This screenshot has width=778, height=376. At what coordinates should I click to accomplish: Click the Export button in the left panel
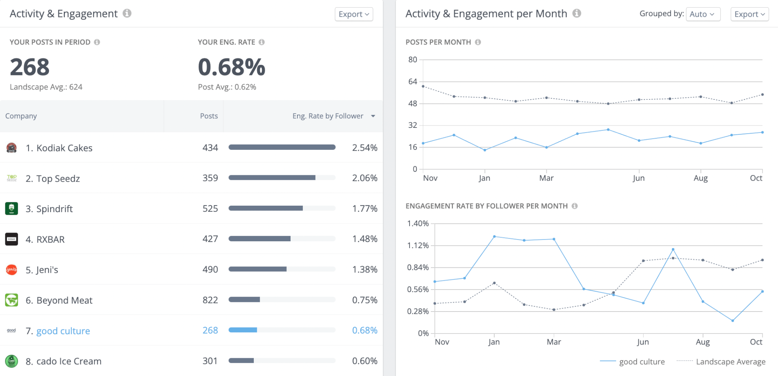(x=354, y=14)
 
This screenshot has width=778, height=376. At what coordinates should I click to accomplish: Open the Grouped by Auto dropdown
(x=702, y=14)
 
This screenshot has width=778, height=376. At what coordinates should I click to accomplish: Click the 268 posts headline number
(x=30, y=67)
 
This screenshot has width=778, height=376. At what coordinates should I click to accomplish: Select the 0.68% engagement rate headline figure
(x=231, y=67)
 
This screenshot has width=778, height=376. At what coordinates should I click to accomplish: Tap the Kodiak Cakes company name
(x=64, y=148)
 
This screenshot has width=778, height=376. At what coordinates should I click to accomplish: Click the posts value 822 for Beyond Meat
(x=210, y=300)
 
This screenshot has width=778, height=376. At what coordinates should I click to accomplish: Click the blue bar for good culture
(x=243, y=330)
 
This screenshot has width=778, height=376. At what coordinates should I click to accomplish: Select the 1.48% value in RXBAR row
(x=364, y=239)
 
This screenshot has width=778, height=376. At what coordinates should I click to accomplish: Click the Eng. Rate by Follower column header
(x=327, y=116)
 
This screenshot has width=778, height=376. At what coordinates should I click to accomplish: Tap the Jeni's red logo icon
(x=12, y=270)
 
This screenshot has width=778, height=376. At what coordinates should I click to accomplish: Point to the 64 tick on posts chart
(x=413, y=82)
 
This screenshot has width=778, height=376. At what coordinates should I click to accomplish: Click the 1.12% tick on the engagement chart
(x=418, y=245)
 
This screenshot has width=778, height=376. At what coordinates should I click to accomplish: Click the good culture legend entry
(x=642, y=362)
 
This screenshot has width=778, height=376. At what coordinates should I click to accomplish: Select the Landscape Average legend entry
(x=730, y=362)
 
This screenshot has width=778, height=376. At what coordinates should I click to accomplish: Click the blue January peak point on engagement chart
(x=494, y=236)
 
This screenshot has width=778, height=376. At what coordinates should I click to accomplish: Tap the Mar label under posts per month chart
(x=546, y=178)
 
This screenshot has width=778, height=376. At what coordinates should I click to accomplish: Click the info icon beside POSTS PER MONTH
(x=478, y=42)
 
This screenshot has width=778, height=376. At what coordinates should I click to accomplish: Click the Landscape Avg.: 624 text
(x=46, y=87)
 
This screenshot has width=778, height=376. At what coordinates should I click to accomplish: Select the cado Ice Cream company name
(x=69, y=361)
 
